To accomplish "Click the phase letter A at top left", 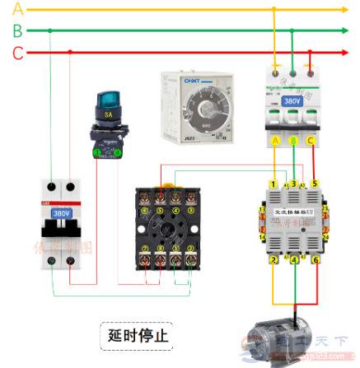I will [x=17, y=10].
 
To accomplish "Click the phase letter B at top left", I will [x=17, y=30].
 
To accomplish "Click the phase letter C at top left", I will [x=17, y=52].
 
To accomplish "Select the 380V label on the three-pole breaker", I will [x=292, y=101].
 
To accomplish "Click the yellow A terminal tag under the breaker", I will [x=274, y=141].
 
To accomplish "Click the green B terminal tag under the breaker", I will [x=292, y=141].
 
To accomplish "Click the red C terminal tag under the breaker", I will [x=311, y=141].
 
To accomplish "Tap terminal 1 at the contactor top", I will [x=274, y=183].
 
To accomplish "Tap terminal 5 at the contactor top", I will [x=313, y=183].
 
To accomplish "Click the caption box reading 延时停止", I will [x=138, y=336].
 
